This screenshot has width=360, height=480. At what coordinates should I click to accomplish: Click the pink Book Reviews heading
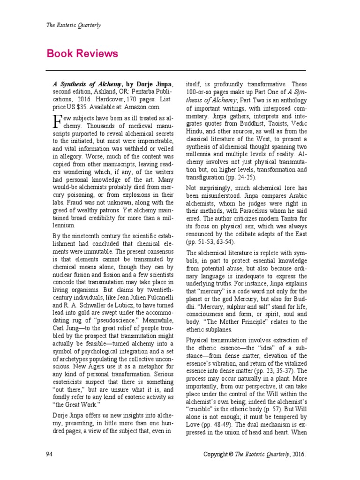(x=82, y=53)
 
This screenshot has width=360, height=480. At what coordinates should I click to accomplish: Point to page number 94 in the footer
(x=50, y=454)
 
